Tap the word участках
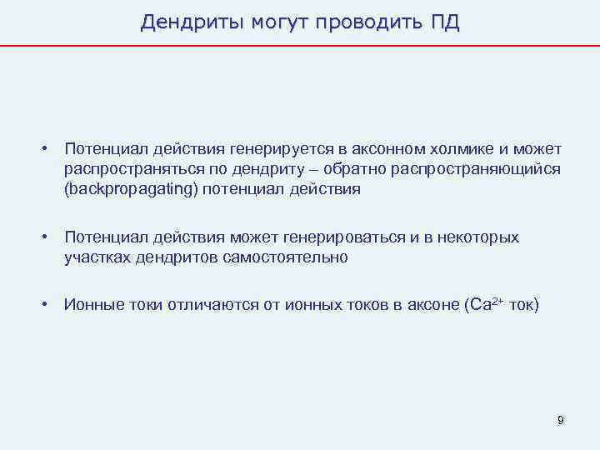pyautogui.click(x=97, y=257)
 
